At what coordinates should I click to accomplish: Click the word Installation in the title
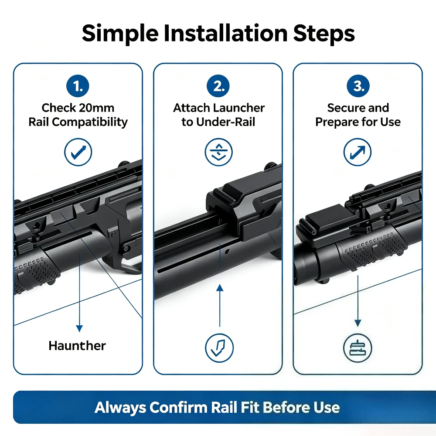click(x=225, y=34)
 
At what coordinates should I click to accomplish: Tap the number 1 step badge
click(x=78, y=86)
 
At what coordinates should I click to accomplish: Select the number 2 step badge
click(x=218, y=86)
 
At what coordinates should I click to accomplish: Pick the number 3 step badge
click(x=358, y=86)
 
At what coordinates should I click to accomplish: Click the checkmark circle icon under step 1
click(x=78, y=152)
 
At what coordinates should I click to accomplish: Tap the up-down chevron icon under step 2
click(x=218, y=152)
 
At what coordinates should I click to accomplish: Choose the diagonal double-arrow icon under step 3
click(x=358, y=152)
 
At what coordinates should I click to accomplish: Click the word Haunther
click(x=77, y=346)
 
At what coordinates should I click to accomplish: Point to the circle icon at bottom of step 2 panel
click(x=219, y=348)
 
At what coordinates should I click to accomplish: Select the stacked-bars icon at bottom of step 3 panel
click(x=358, y=348)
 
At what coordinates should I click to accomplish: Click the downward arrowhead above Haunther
click(x=79, y=329)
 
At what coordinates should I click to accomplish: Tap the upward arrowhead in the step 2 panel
click(x=220, y=288)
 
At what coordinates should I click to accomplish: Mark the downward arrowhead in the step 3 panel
click(x=358, y=323)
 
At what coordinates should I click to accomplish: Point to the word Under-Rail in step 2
click(x=225, y=122)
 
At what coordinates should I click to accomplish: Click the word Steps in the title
click(x=324, y=34)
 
